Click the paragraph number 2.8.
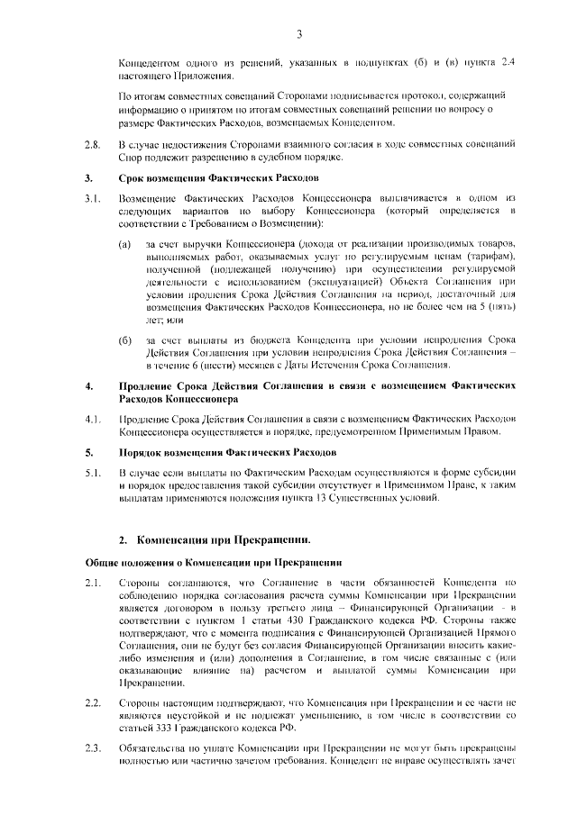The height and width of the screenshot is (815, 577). coord(91,144)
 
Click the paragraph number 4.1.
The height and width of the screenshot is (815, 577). coord(91,419)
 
